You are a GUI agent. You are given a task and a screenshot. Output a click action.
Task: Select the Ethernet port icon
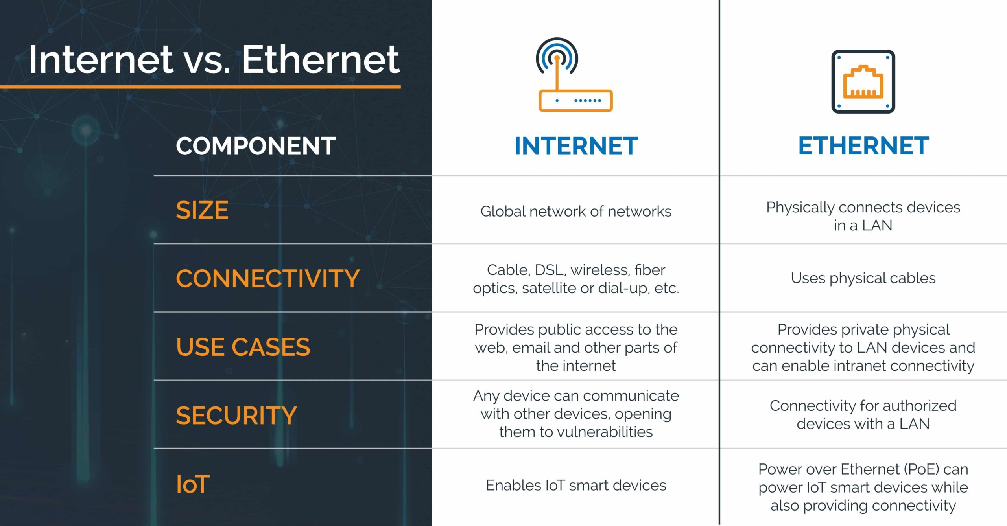863,82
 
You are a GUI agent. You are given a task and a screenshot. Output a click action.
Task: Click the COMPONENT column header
256,146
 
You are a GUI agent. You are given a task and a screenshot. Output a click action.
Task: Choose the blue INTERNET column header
576,146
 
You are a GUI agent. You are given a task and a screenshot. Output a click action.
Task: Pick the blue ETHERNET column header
863,146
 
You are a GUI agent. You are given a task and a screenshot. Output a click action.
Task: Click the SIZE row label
202,210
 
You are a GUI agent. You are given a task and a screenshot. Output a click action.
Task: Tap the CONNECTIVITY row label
268,278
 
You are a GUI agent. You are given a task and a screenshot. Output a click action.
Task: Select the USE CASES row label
243,347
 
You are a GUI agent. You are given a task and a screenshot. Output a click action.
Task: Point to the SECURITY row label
236,416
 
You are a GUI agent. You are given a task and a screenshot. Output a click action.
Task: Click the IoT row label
193,484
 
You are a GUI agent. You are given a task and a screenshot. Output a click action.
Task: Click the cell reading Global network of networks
576,212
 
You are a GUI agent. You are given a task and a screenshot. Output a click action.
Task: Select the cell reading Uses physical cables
863,278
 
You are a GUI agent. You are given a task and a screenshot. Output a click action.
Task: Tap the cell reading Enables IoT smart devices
576,485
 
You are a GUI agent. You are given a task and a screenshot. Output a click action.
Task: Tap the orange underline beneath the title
200,87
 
